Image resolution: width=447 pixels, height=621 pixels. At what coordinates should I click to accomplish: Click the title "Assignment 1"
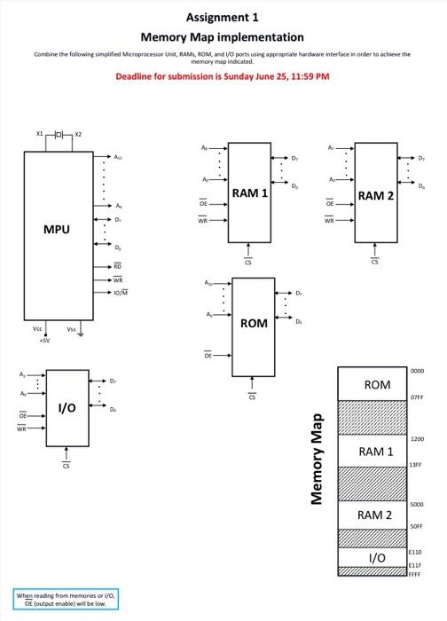tap(223, 17)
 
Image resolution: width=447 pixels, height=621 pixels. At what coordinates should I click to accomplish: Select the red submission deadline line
tap(223, 76)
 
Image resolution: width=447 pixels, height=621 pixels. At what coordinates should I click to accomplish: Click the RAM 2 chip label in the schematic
tap(376, 195)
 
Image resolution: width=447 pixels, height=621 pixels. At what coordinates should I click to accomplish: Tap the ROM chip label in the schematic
tap(253, 323)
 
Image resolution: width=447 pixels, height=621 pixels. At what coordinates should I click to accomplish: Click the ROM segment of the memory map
tap(377, 384)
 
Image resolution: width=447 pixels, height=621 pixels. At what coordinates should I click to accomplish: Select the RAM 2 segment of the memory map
tap(375, 515)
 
